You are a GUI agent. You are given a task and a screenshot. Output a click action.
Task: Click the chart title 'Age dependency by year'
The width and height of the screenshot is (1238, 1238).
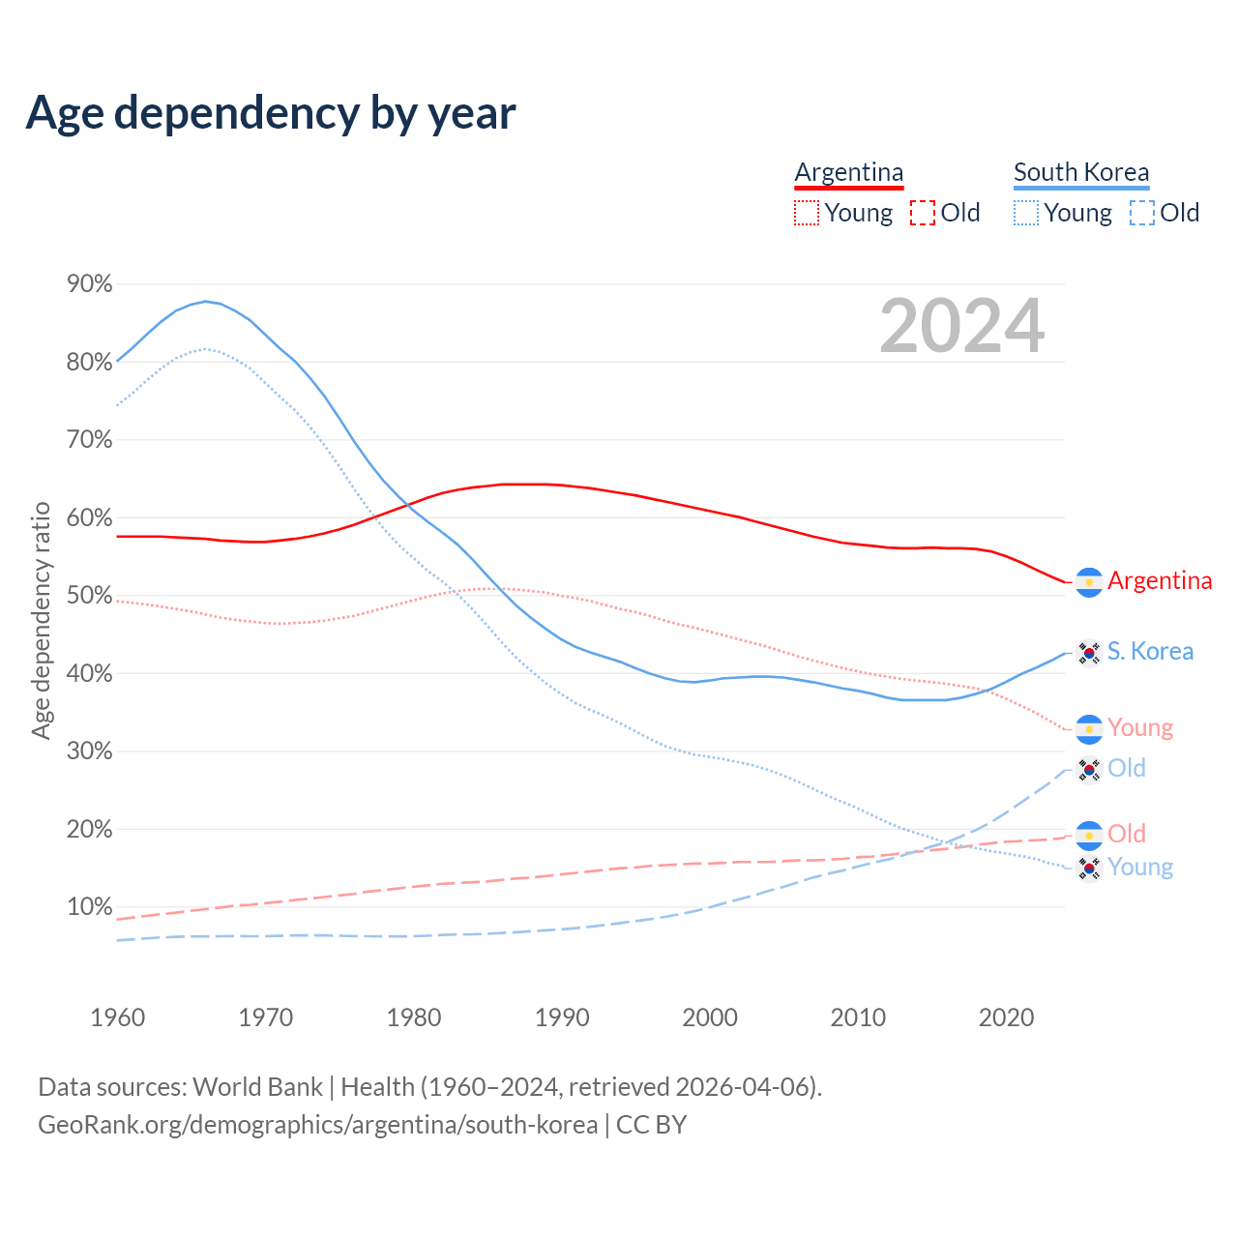(x=271, y=113)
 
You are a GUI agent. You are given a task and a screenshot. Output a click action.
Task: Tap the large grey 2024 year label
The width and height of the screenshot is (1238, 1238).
(x=961, y=326)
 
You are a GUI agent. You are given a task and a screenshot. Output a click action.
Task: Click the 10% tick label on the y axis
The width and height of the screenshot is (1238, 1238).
(x=90, y=907)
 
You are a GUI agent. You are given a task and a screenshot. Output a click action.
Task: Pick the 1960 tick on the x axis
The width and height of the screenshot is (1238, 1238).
(x=118, y=1017)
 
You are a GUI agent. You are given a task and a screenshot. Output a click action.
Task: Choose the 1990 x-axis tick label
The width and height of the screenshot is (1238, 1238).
(x=562, y=1017)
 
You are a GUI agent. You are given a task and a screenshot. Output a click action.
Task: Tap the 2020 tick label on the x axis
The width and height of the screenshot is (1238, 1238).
(x=1007, y=1017)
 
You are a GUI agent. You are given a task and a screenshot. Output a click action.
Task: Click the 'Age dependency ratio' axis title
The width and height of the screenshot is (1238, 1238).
(x=41, y=620)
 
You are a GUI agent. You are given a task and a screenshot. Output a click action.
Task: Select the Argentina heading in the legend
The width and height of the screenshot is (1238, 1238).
(x=849, y=172)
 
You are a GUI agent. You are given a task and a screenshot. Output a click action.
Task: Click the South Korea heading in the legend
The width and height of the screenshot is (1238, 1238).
(x=1081, y=172)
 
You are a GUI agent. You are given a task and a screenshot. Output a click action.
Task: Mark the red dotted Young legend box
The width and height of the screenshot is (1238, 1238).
(x=806, y=213)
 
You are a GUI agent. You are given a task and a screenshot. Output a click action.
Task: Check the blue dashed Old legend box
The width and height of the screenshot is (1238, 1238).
(x=1141, y=213)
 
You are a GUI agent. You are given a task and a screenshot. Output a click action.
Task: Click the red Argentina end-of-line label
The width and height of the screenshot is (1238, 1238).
(x=1160, y=580)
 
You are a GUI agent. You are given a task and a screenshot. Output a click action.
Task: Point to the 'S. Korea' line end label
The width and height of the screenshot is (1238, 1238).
(x=1150, y=651)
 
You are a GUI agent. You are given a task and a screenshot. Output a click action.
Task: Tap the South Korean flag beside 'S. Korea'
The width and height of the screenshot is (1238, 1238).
(x=1090, y=653)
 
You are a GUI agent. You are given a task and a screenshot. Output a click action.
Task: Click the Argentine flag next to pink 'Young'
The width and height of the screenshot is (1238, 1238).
(x=1090, y=729)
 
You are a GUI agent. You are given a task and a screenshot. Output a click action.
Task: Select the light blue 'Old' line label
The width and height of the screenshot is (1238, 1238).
(x=1127, y=768)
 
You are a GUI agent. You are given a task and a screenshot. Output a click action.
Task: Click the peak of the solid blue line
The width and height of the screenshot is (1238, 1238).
(x=205, y=301)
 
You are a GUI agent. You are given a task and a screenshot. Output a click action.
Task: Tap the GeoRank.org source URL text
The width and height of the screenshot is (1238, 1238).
(x=317, y=1125)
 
